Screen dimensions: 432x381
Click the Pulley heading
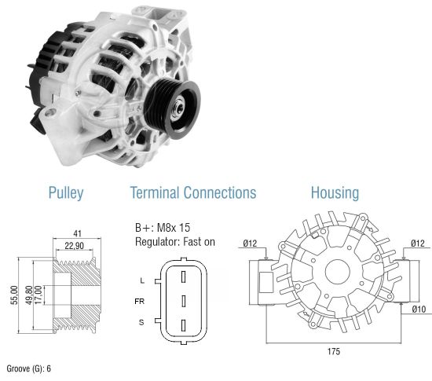pyautogui.click(x=66, y=192)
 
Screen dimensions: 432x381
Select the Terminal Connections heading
pyautogui.click(x=193, y=192)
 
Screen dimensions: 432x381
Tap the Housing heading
pyautogui.click(x=335, y=192)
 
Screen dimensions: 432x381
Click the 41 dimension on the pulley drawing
pyautogui.click(x=78, y=233)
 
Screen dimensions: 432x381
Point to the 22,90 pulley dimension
pyautogui.click(x=74, y=245)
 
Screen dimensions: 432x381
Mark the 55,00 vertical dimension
pyautogui.click(x=14, y=295)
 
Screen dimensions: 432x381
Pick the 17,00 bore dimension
pyautogui.click(x=38, y=295)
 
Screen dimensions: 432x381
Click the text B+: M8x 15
pyautogui.click(x=163, y=228)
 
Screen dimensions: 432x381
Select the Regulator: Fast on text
pyautogui.click(x=175, y=242)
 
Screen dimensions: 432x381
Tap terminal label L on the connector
pyautogui.click(x=142, y=280)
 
